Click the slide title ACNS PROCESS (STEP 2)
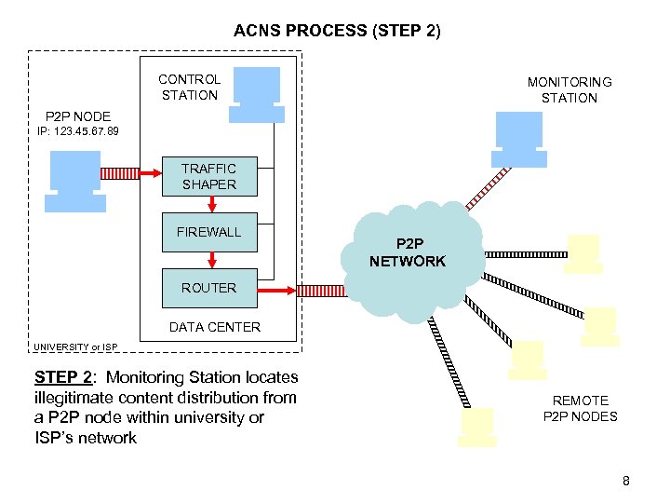pyautogui.click(x=337, y=31)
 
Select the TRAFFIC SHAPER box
pyautogui.click(x=208, y=176)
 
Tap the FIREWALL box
pyautogui.click(x=208, y=232)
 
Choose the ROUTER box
pyautogui.click(x=208, y=288)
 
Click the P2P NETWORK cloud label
pyautogui.click(x=408, y=252)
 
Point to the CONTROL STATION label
pyautogui.click(x=190, y=87)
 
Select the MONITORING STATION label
pyautogui.click(x=569, y=90)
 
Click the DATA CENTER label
pyautogui.click(x=214, y=327)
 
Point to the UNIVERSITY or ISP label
pyautogui.click(x=75, y=347)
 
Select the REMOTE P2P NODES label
pyautogui.click(x=580, y=409)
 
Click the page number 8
pyautogui.click(x=626, y=481)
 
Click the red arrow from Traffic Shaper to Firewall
pyautogui.click(x=212, y=204)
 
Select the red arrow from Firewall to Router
pyautogui.click(x=212, y=259)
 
